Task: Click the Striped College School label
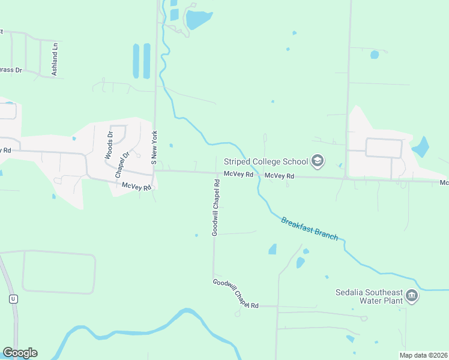coord(265,161)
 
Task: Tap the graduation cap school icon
coord(318,161)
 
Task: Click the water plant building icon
coord(412,295)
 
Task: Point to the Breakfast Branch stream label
coord(313,229)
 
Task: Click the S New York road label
coord(154,148)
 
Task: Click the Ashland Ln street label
coord(55,59)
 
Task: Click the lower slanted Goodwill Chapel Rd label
coord(235,293)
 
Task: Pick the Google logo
coord(20,353)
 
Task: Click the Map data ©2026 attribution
coord(423,355)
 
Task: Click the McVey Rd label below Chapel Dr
coord(135,187)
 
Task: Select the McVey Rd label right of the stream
coord(280,176)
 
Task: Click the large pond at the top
coord(199,20)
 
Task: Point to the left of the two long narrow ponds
coord(136,61)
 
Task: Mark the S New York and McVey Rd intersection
coord(155,171)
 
